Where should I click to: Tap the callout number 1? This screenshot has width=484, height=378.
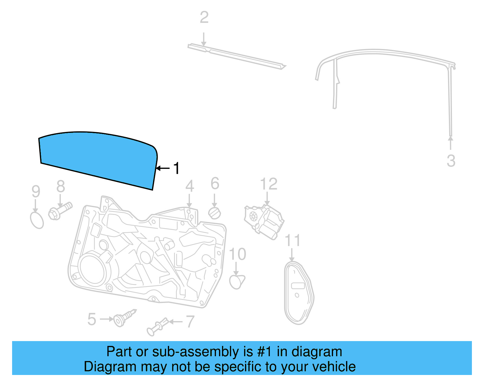176,168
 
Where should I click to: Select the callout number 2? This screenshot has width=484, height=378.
204,18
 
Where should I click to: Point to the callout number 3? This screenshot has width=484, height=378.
451,161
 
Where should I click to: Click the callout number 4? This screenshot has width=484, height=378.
190,186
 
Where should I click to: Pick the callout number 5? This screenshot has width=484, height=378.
92,320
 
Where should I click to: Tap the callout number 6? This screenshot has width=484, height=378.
215,183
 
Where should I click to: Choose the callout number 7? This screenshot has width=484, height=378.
190,321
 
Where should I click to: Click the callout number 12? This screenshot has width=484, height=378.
269,184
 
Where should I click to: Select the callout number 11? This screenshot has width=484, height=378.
293,241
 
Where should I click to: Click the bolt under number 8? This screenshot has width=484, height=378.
60,211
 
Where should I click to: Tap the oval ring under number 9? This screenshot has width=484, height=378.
37,220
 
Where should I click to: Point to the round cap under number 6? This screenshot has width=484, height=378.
214,213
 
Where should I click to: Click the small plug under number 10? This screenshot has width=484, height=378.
237,281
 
